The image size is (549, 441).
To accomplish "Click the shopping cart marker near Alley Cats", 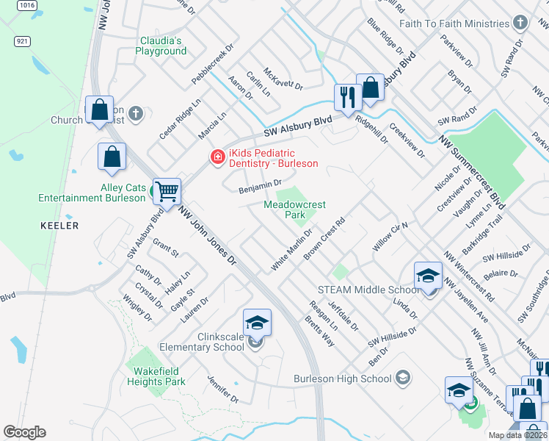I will (x=167, y=193).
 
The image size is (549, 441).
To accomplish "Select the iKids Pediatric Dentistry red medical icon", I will (x=217, y=157).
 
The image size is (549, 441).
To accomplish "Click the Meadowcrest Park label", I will (x=294, y=210).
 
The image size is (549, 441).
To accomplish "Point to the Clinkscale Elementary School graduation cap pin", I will (x=257, y=323).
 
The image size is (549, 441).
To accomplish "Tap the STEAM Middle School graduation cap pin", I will (x=428, y=276).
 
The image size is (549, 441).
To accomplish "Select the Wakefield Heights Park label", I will (x=155, y=376).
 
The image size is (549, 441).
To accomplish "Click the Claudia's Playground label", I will (x=161, y=46).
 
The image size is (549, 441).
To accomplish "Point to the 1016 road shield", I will (x=27, y=5).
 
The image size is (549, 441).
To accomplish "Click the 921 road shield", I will (x=22, y=43).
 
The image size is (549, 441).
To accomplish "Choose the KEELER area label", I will (x=59, y=226).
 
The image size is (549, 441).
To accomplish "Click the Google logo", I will (x=24, y=432).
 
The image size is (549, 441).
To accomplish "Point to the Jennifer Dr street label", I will (x=223, y=389).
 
